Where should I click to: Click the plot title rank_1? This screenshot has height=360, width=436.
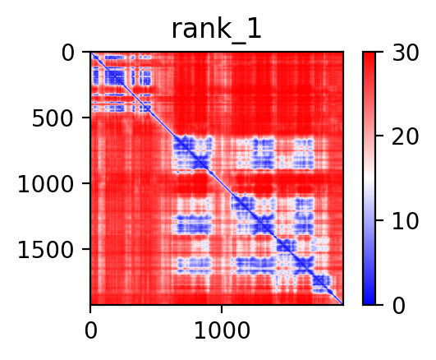pyautogui.click(x=217, y=30)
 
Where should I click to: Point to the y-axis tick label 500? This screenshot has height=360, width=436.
pyautogui.click(x=53, y=119)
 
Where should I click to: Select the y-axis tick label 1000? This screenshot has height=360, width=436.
pyautogui.click(x=46, y=185)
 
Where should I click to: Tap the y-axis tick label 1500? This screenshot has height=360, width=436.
pyautogui.click(x=46, y=250)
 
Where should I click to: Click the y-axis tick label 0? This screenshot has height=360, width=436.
pyautogui.click(x=67, y=53)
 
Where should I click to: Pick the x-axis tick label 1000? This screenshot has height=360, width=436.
pyautogui.click(x=222, y=331)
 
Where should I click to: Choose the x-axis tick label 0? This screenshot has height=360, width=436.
pyautogui.click(x=91, y=331)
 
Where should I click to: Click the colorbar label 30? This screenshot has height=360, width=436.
pyautogui.click(x=405, y=53)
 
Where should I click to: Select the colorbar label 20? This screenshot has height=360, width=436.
pyautogui.click(x=405, y=136)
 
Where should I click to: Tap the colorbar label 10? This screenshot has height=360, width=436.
pyautogui.click(x=405, y=222)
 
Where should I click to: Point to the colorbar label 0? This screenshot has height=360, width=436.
pyautogui.click(x=399, y=306)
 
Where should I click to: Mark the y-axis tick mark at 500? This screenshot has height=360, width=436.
pyautogui.click(x=86, y=118)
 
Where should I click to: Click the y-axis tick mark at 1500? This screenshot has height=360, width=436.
pyautogui.click(x=86, y=249)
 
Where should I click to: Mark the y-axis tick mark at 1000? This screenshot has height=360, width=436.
pyautogui.click(x=86, y=183)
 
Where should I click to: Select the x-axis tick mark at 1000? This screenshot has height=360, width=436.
pyautogui.click(x=222, y=309)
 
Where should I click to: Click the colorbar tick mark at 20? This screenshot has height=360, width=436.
pyautogui.click(x=379, y=136)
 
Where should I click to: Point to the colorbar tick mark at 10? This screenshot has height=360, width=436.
pyautogui.click(x=379, y=220)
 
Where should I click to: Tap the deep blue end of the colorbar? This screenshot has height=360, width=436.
pyautogui.click(x=369, y=302)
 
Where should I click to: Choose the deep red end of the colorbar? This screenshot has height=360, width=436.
pyautogui.click(x=369, y=55)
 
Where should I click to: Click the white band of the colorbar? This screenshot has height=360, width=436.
pyautogui.click(x=369, y=178)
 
